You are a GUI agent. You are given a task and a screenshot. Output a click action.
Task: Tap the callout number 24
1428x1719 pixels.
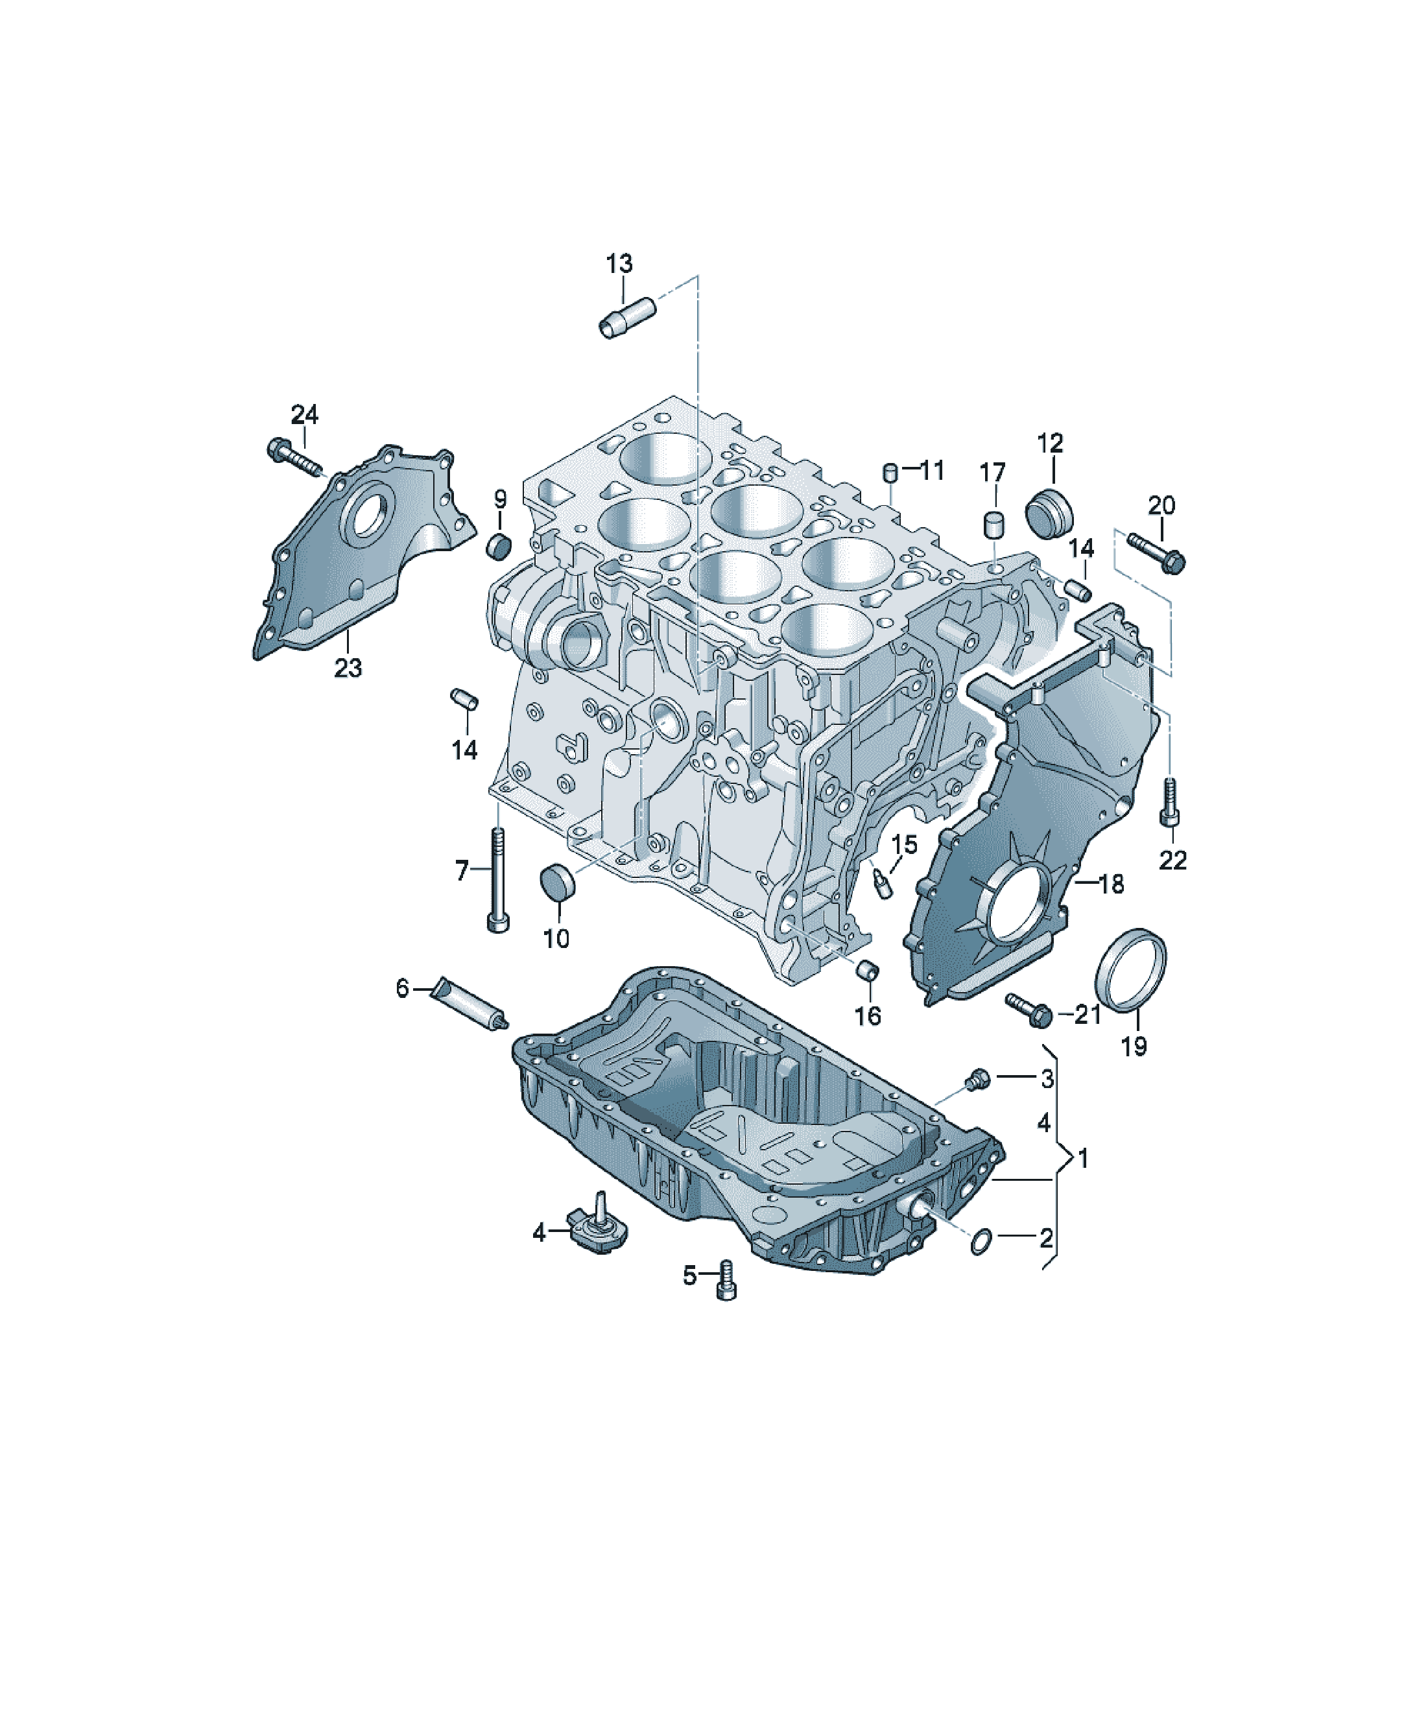[x=305, y=414]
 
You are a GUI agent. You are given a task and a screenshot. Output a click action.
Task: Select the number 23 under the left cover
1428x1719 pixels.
[x=348, y=668]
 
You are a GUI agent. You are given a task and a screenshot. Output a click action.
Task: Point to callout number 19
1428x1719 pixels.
[x=1134, y=1045]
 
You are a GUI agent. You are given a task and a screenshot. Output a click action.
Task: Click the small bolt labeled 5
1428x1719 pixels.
[x=726, y=1281]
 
